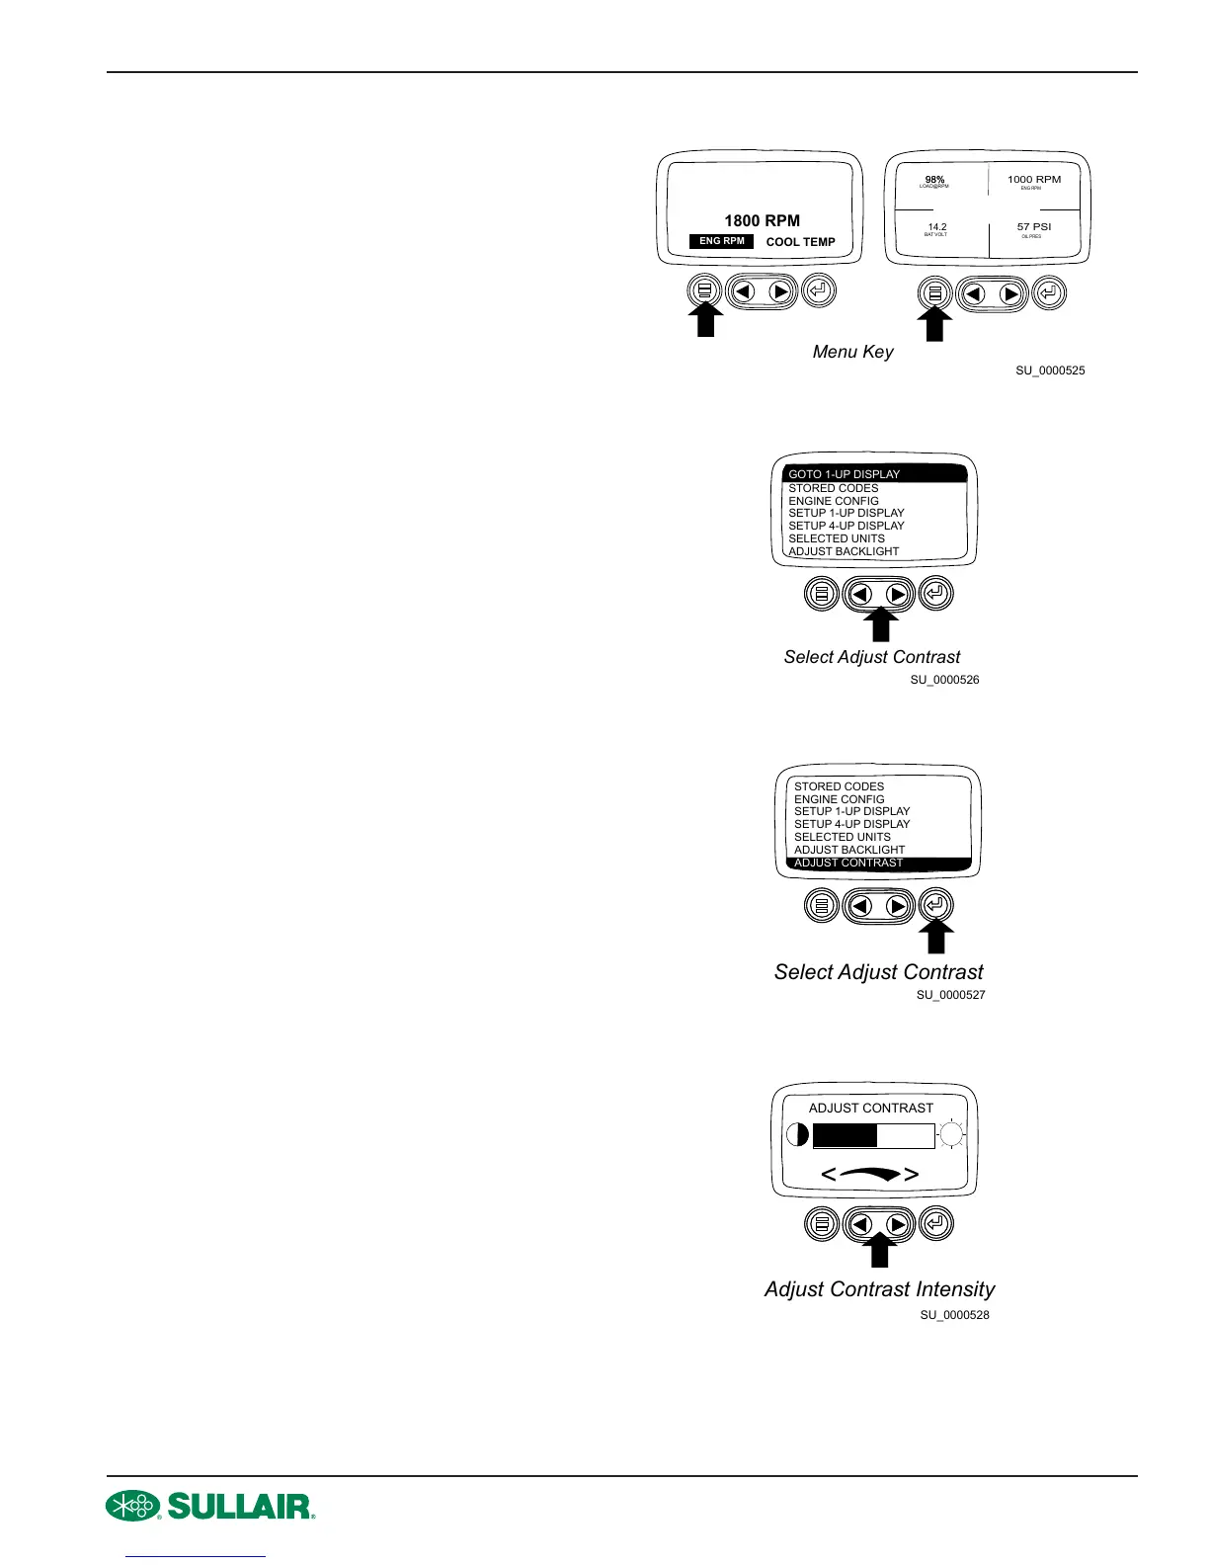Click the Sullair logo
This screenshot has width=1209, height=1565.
pyautogui.click(x=210, y=1506)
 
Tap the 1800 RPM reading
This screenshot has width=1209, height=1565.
pyautogui.click(x=762, y=220)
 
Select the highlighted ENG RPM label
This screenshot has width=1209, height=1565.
pyautogui.click(x=722, y=241)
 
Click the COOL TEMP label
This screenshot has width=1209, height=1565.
pyautogui.click(x=800, y=242)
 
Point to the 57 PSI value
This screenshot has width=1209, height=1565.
pyautogui.click(x=1034, y=226)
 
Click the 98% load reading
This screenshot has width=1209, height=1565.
pyautogui.click(x=934, y=180)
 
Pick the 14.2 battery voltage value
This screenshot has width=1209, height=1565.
pyautogui.click(x=937, y=226)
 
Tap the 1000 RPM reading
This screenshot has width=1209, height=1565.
pyautogui.click(x=1034, y=180)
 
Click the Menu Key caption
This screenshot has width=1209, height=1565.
pyautogui.click(x=852, y=352)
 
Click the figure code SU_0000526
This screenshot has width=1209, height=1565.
pyautogui.click(x=944, y=680)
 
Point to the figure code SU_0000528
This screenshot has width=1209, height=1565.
pyautogui.click(x=954, y=1315)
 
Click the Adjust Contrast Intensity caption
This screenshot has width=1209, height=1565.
pyautogui.click(x=879, y=1289)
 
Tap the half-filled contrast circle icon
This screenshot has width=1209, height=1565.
pyautogui.click(x=797, y=1135)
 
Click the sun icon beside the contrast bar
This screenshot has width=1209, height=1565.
pyautogui.click(x=951, y=1135)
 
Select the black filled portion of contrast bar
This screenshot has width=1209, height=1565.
pyautogui.click(x=845, y=1136)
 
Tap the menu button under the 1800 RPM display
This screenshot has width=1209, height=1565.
pyautogui.click(x=703, y=290)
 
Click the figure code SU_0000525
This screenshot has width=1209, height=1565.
pyautogui.click(x=1050, y=371)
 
